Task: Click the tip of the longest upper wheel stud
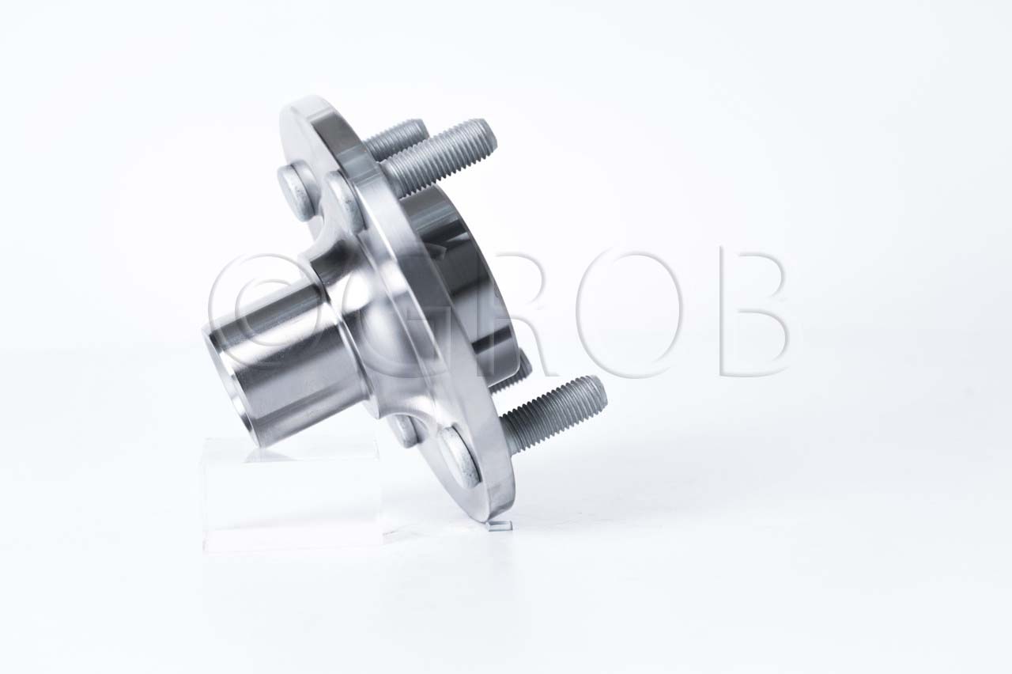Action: pyautogui.click(x=490, y=135)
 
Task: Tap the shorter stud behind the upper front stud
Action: pyautogui.click(x=395, y=139)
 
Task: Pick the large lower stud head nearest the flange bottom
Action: pyautogui.click(x=460, y=457)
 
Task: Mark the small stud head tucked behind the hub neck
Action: pyautogui.click(x=404, y=430)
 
